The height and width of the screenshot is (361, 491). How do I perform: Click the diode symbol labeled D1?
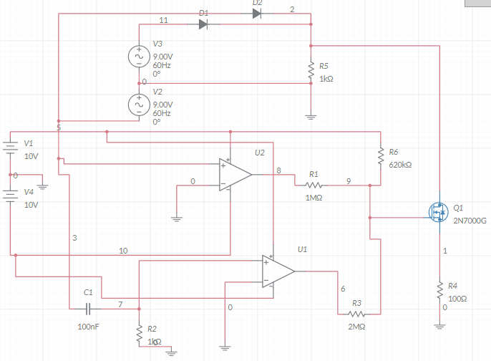click(x=203, y=24)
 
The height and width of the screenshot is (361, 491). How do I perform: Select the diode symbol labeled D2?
click(x=258, y=13)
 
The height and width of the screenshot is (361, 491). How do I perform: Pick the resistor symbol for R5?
click(x=311, y=72)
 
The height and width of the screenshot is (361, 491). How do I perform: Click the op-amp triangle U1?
click(x=278, y=271)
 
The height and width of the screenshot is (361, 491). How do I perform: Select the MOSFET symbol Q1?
click(x=437, y=212)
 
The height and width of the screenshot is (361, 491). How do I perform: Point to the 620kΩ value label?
click(x=400, y=165)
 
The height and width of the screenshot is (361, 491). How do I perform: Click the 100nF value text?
click(x=89, y=327)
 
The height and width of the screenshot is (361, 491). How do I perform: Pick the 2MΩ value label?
click(x=356, y=327)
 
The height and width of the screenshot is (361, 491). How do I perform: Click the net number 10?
click(x=123, y=251)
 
